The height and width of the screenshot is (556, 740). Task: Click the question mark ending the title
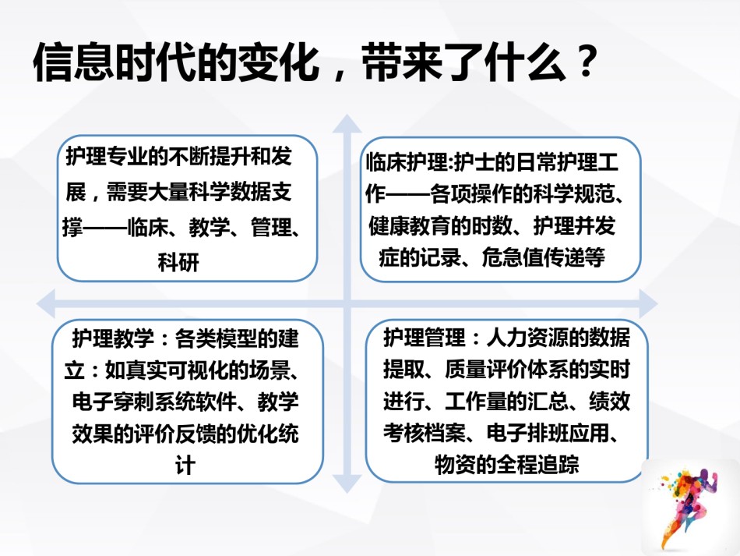[587, 61]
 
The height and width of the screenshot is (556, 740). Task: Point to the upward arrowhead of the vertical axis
[347, 124]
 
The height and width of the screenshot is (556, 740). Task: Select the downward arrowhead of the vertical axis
[347, 483]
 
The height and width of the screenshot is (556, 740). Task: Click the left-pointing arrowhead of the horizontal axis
[46, 303]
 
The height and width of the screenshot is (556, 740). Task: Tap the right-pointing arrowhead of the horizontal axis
[648, 303]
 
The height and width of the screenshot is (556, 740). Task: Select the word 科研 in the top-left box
[178, 263]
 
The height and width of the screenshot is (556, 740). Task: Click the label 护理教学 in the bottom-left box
[113, 338]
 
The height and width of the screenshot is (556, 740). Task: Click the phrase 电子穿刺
[113, 402]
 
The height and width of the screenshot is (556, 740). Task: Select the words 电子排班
[527, 433]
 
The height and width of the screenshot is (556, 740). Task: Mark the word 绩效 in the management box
[609, 401]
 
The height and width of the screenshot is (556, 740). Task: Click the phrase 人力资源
[527, 338]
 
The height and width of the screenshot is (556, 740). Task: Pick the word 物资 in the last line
[455, 464]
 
